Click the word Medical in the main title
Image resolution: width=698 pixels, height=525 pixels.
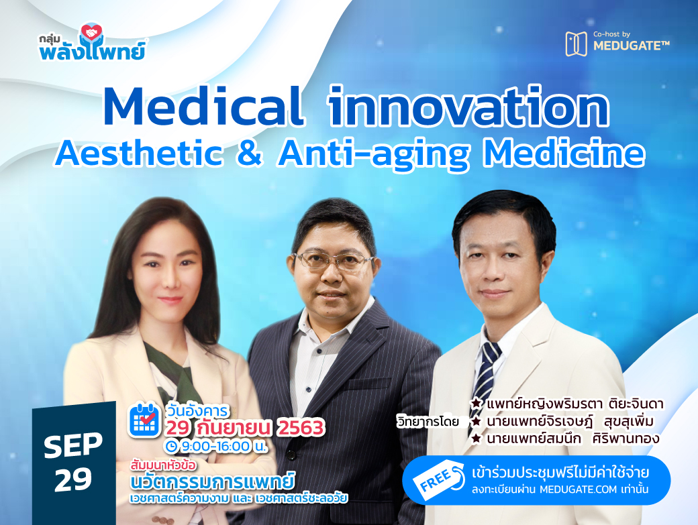tap(203, 107)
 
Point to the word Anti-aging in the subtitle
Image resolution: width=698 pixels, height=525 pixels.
tap(374, 154)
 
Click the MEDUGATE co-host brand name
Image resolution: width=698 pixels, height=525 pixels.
tap(632, 46)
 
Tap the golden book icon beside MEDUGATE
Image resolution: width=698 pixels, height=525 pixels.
tap(576, 44)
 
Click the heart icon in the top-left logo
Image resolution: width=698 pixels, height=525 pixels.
tap(92, 32)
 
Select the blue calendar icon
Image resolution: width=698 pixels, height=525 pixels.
tap(144, 420)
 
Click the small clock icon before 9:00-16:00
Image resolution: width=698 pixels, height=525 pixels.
tap(171, 445)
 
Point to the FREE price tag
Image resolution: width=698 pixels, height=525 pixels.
tap(438, 481)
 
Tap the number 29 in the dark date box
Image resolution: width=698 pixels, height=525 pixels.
tap(73, 479)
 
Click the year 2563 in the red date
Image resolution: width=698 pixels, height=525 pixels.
tap(301, 428)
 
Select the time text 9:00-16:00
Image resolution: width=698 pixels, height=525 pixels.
tap(216, 446)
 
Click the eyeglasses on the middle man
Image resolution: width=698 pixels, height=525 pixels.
tap(334, 261)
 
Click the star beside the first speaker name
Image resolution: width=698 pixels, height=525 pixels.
tap(477, 404)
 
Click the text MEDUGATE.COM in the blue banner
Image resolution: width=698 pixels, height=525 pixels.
tap(579, 489)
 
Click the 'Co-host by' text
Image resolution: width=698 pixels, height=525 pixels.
tap(611, 34)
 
